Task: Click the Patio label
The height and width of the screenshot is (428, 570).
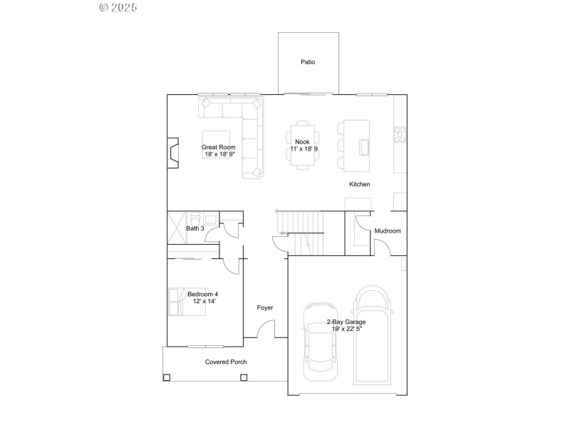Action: point(308,62)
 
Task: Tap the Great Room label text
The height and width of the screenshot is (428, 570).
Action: point(218,147)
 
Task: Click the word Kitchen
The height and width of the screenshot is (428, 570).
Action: point(359,185)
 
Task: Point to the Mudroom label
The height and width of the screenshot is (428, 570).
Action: point(388,231)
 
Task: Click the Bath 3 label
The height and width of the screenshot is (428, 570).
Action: point(195,228)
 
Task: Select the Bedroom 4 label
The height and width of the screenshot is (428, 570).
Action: point(203,294)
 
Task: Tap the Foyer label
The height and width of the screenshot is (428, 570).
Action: point(265,307)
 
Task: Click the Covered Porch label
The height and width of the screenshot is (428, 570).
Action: point(226,362)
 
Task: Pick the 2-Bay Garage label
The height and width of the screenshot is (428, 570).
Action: point(346,322)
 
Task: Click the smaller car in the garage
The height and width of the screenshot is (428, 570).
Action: point(319,337)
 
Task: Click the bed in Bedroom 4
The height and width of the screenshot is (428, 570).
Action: point(178,300)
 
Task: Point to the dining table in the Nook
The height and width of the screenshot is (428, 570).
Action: point(302,146)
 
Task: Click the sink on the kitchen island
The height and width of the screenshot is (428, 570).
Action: point(365,146)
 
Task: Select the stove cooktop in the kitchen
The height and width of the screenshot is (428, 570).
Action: point(400,133)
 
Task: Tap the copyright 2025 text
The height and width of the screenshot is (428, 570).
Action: point(118,7)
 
